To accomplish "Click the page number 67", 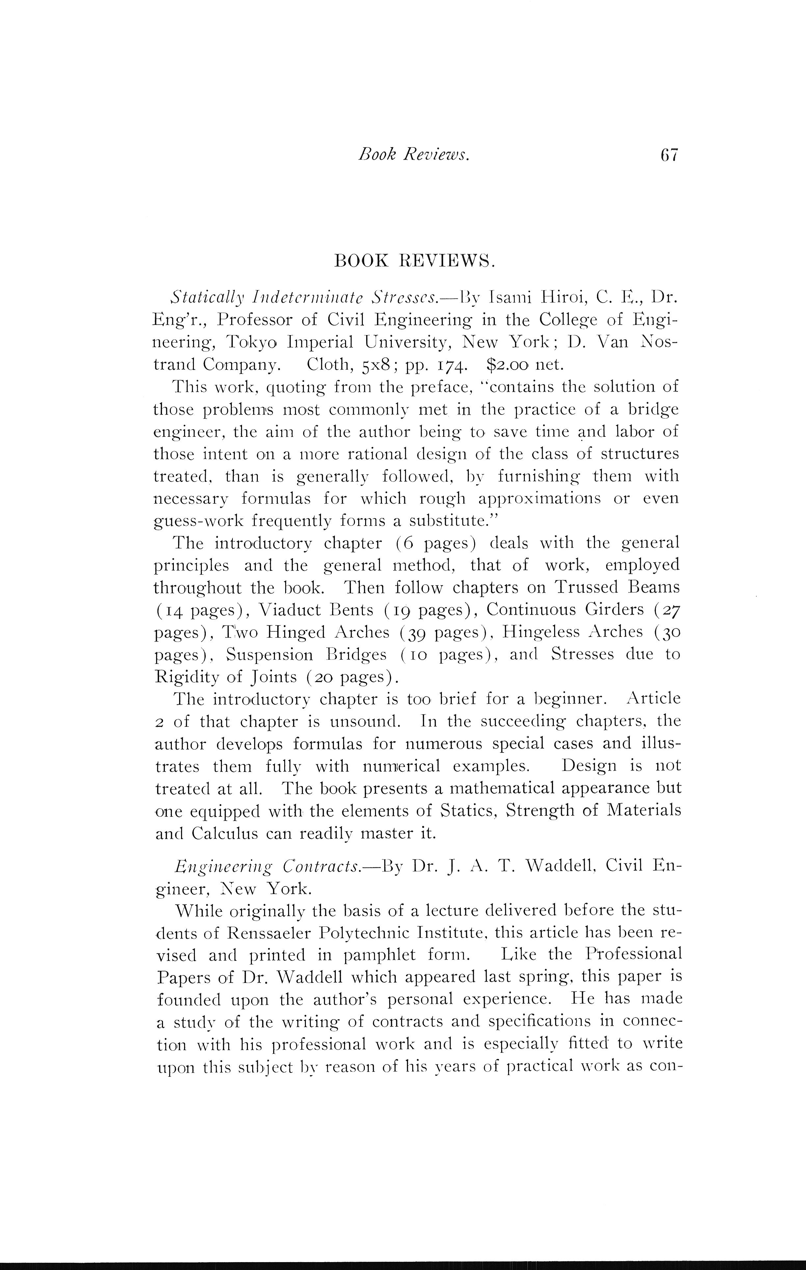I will (x=668, y=155).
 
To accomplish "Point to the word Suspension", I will (x=269, y=654).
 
